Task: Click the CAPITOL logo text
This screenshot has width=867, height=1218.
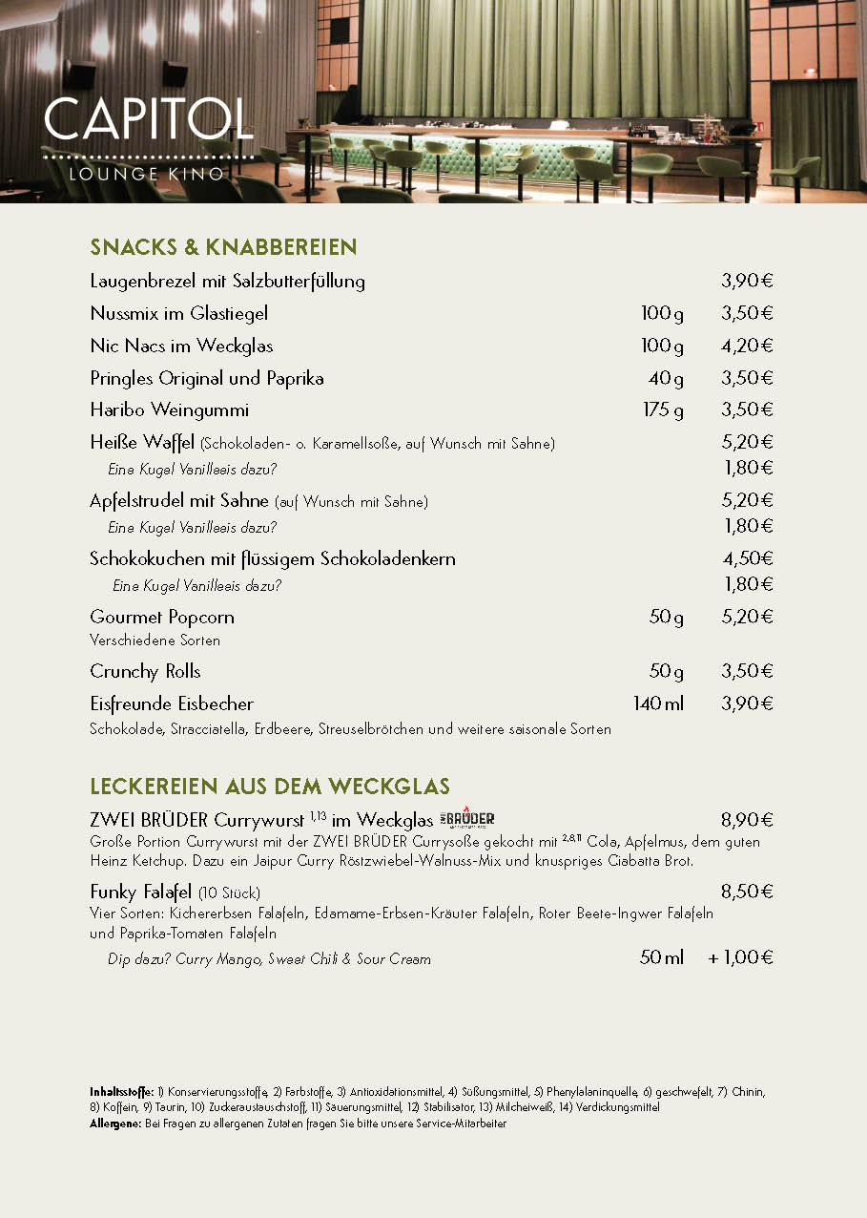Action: click(148, 119)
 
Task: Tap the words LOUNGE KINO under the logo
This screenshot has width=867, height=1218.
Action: click(147, 174)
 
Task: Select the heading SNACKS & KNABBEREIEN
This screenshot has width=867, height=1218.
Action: click(223, 248)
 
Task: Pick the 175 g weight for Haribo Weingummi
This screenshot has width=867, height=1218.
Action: click(663, 410)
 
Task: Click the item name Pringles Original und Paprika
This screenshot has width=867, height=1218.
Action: click(207, 378)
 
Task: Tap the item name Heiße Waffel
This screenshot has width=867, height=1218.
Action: click(142, 442)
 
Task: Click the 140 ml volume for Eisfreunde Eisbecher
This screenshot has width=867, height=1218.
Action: click(658, 704)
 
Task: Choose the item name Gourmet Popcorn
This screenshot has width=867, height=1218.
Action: click(162, 617)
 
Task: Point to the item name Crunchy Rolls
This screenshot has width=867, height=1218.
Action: click(145, 672)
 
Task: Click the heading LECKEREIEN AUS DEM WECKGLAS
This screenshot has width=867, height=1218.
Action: click(270, 787)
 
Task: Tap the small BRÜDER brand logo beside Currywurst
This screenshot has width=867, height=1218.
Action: click(467, 819)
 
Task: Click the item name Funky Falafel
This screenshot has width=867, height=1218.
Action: click(141, 892)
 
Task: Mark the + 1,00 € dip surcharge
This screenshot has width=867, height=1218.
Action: click(740, 957)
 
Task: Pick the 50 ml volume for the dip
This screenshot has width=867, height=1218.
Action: click(661, 957)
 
